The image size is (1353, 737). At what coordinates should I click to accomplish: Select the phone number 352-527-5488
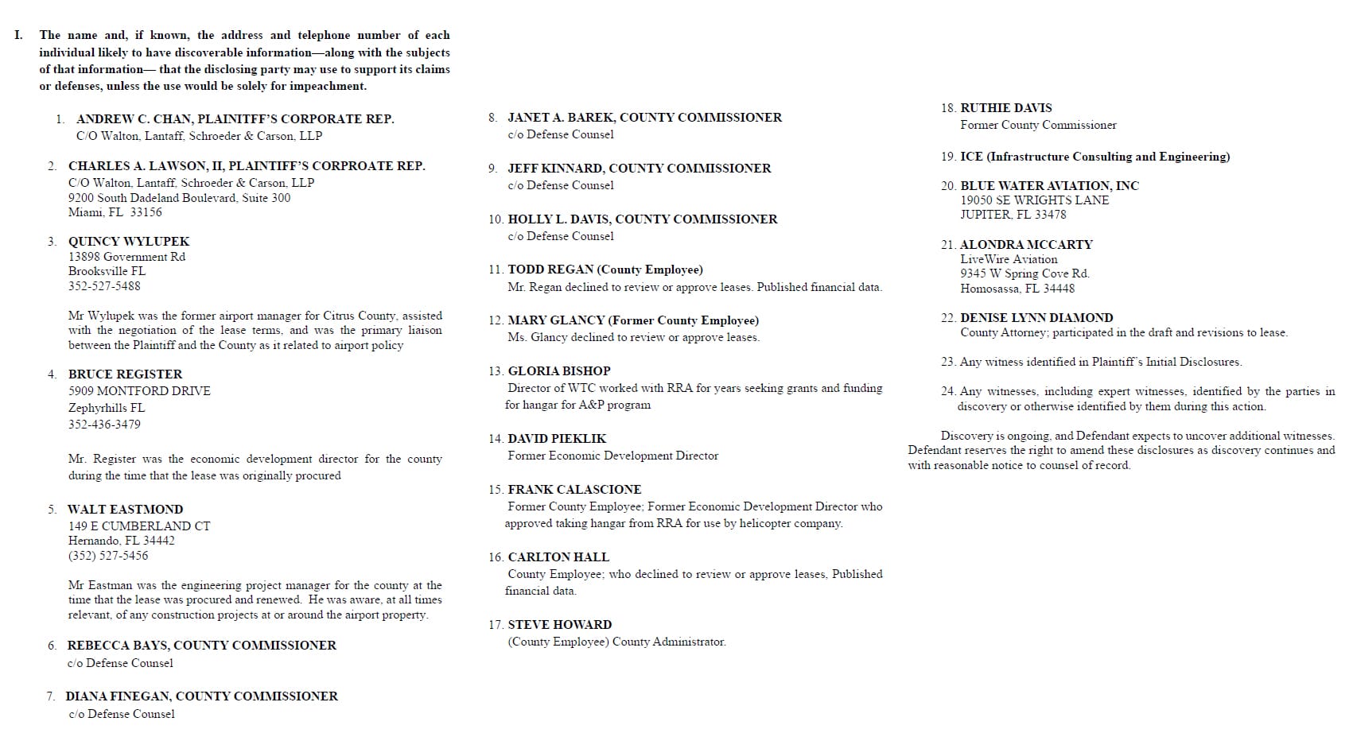click(104, 286)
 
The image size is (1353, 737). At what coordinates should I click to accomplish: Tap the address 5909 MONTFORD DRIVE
click(139, 391)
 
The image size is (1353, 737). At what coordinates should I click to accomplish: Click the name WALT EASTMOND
click(125, 510)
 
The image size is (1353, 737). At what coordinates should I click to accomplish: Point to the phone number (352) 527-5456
click(108, 556)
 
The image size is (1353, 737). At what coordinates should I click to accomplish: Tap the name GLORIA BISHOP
click(559, 371)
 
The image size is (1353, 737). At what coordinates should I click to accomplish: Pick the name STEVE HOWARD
click(560, 625)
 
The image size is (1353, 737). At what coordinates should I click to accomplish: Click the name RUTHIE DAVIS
click(1005, 108)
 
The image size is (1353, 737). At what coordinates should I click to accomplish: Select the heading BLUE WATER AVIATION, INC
click(1049, 186)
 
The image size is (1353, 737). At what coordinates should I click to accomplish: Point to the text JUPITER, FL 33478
click(1013, 215)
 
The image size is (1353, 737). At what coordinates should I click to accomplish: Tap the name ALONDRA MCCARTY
click(1026, 245)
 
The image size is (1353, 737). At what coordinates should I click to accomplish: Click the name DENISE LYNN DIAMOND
click(1036, 318)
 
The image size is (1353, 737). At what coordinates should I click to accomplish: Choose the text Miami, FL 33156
click(115, 212)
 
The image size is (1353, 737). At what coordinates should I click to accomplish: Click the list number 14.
click(496, 439)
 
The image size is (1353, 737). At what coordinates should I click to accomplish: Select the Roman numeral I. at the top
click(18, 35)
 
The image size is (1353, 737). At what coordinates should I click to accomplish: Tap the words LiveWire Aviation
click(1009, 259)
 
